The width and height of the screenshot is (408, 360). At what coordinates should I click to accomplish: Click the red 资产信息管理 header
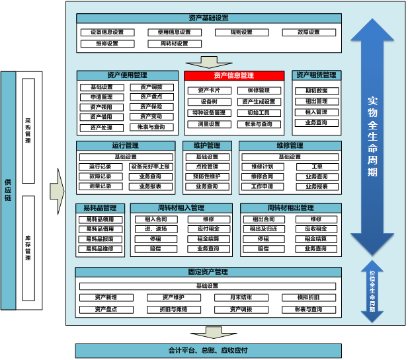234,75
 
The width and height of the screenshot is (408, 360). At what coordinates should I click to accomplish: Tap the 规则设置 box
241,32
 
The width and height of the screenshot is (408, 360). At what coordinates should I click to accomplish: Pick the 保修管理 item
259,90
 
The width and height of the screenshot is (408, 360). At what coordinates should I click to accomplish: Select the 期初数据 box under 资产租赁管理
316,90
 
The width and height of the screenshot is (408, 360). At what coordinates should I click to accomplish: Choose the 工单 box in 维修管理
316,166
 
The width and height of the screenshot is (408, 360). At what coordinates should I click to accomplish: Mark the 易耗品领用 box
99,219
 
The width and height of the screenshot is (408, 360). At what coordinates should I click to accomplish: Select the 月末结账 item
241,297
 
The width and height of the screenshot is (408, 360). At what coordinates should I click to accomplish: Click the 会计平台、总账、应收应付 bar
208,350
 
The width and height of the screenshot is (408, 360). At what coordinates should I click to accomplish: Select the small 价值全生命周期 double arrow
372,291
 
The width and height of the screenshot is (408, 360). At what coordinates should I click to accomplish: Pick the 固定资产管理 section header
208,272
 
